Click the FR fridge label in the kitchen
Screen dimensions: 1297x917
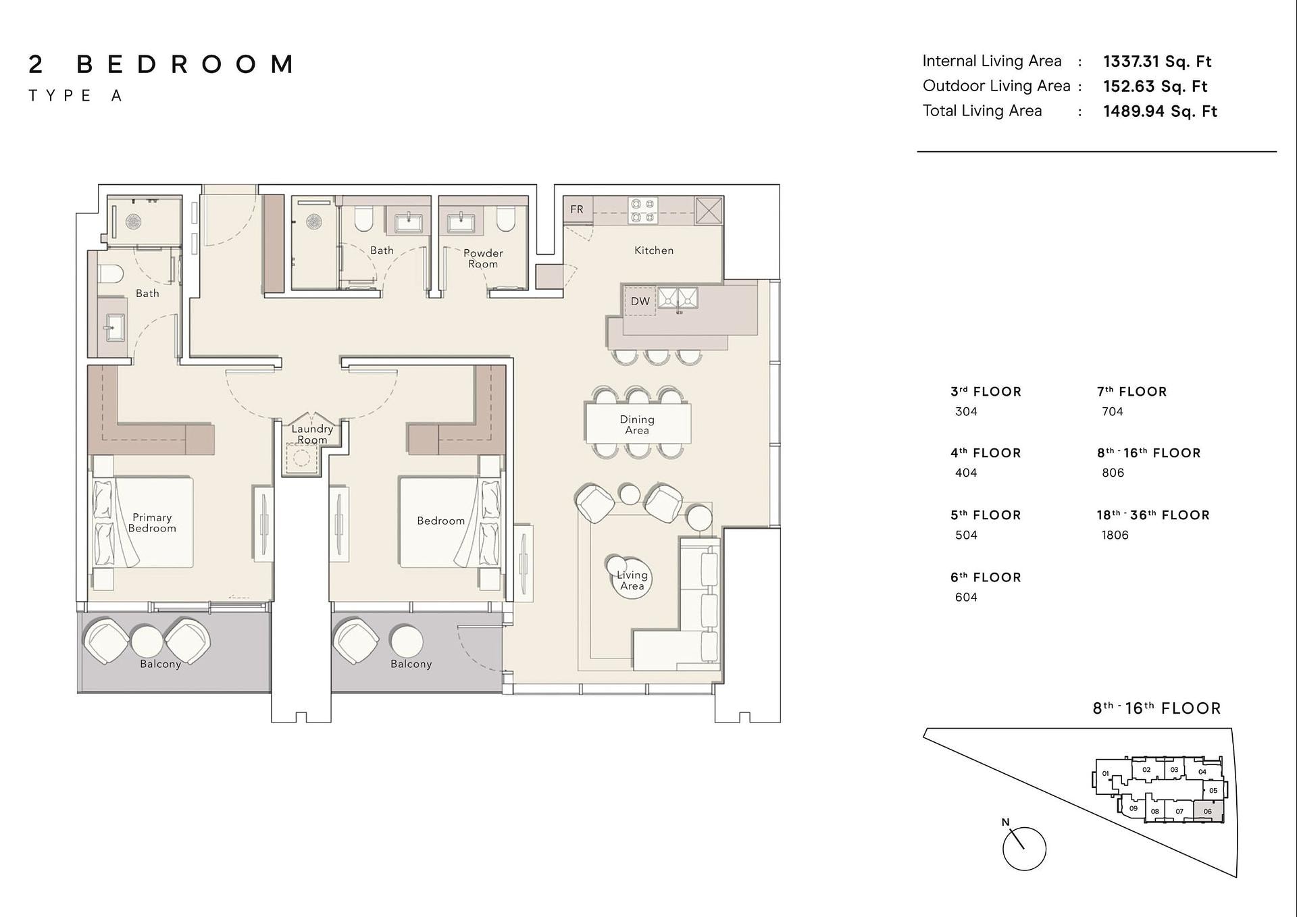(576, 209)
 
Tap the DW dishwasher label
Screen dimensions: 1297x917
(640, 301)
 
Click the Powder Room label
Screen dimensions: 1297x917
(483, 258)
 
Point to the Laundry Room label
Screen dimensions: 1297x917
(312, 434)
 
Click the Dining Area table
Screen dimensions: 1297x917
(638, 423)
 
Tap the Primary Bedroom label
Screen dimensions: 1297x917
(152, 523)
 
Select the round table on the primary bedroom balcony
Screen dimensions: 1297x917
(147, 641)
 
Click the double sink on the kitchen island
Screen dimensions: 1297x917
(678, 297)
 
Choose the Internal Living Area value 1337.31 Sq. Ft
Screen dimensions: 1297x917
(1157, 61)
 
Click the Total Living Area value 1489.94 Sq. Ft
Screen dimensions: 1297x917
(1160, 111)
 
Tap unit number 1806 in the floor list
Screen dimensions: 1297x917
(1115, 535)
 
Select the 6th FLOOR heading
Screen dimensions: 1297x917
(986, 577)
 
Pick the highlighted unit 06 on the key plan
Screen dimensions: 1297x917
(1208, 811)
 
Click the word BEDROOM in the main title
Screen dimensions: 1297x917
(185, 64)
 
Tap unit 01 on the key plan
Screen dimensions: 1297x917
(1105, 774)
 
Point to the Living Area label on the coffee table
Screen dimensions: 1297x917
(632, 581)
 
